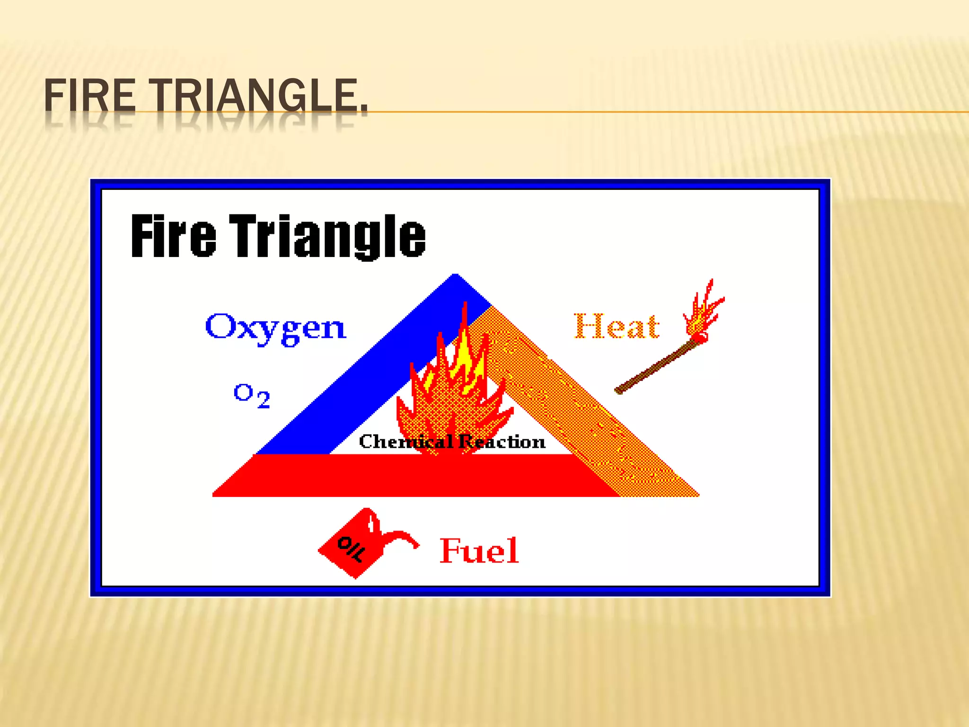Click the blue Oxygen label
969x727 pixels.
276,328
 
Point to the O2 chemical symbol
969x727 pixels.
252,395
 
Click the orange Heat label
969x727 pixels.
617,326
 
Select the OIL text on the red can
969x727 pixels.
351,549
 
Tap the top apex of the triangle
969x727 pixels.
455,278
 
